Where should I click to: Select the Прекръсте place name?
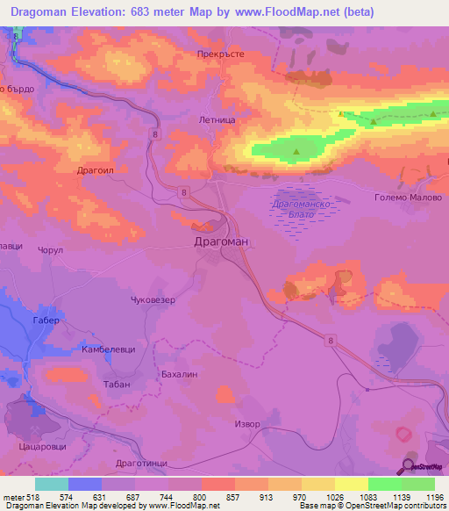219,54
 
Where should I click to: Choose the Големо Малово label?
413,198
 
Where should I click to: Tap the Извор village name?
247,424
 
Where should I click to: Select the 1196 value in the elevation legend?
432,497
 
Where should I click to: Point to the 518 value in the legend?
35,497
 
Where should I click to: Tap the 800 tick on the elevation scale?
200,497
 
